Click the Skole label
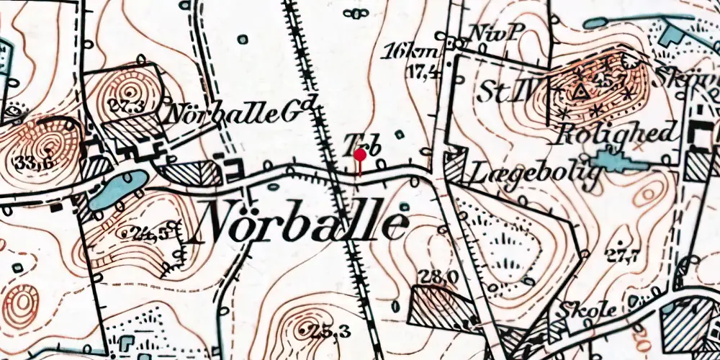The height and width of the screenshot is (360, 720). (587, 310)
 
